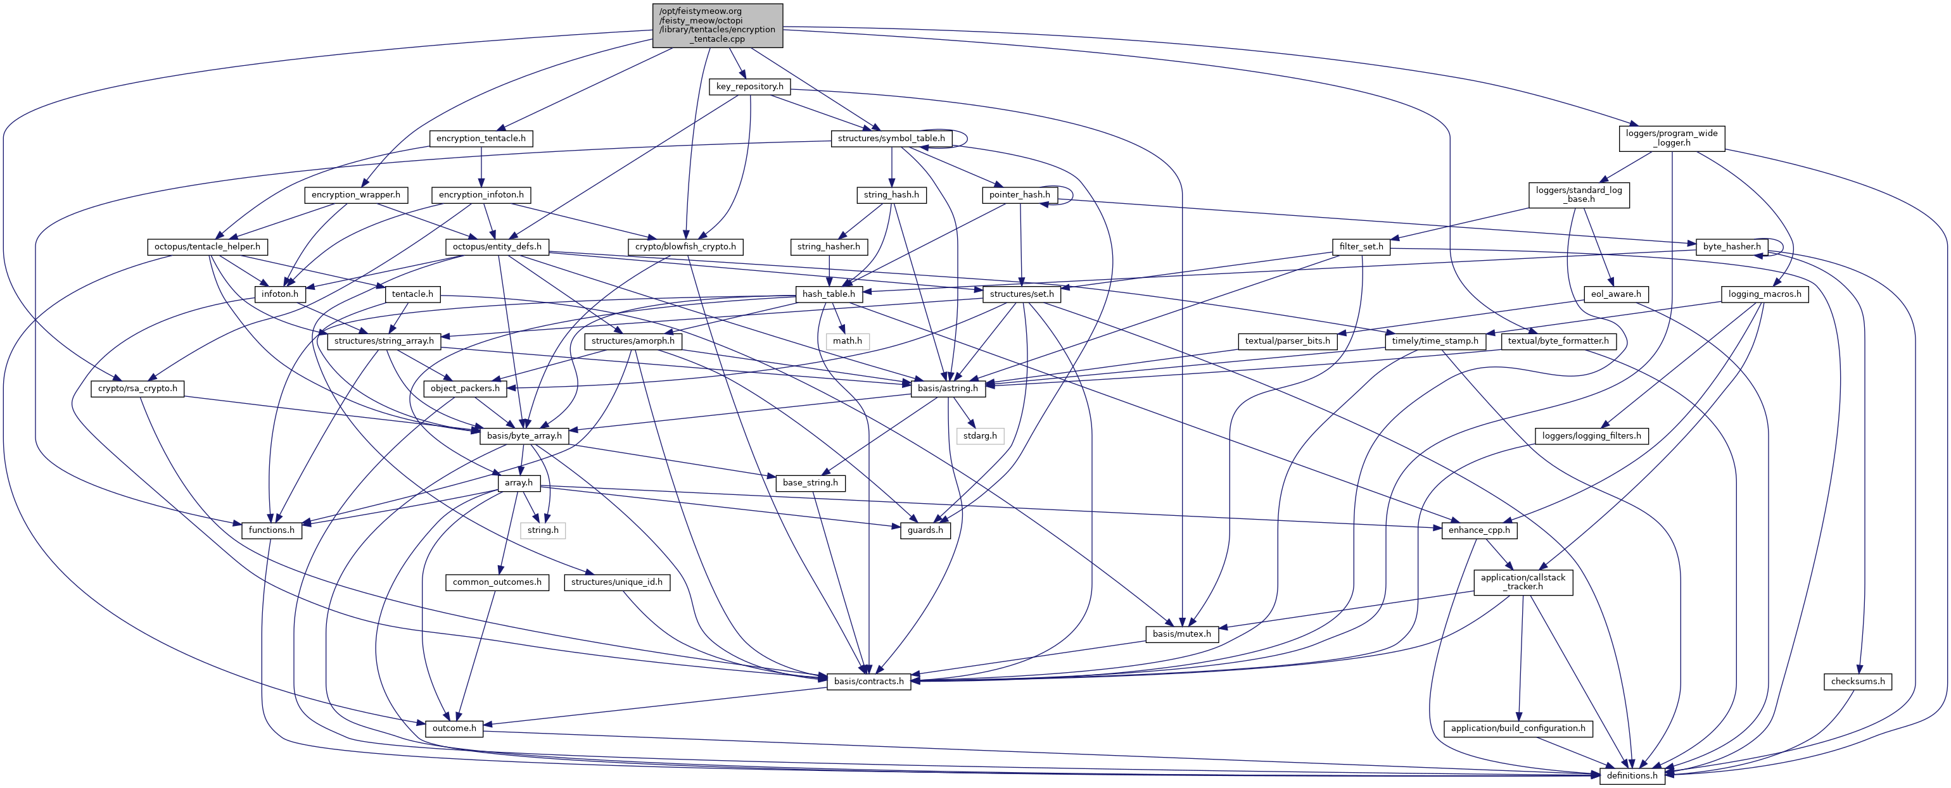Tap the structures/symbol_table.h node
tap(891, 139)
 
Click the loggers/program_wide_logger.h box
tap(1672, 138)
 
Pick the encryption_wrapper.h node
tap(356, 194)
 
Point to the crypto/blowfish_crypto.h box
tap(685, 247)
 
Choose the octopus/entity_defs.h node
tap(497, 247)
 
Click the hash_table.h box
tap(829, 294)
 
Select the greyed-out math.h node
tap(847, 341)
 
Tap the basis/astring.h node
tap(948, 389)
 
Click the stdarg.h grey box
tap(980, 436)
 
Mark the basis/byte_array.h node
tap(524, 436)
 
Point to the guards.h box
tap(925, 530)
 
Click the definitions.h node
tap(1632, 775)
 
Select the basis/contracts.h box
tap(868, 681)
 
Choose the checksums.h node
tap(1858, 681)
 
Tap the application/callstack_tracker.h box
tap(1522, 582)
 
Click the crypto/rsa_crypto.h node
tap(138, 389)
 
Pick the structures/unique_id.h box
tap(616, 582)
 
